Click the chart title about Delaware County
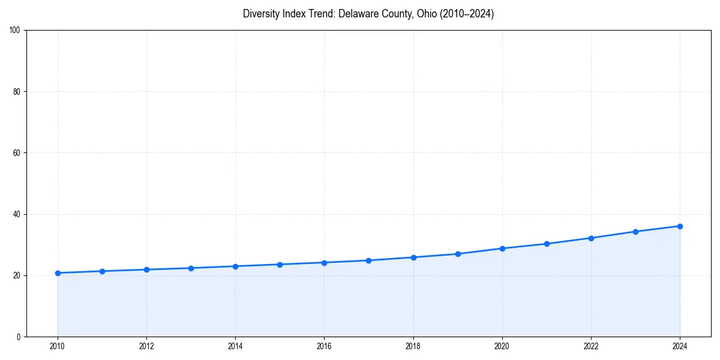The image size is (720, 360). point(368,14)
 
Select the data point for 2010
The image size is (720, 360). point(58,273)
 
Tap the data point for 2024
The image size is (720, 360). point(680,226)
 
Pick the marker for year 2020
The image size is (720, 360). point(502,248)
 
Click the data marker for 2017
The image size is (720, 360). point(368,260)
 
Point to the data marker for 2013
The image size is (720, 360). point(191,268)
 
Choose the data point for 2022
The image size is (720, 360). point(591,238)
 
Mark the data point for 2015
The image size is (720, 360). point(280,265)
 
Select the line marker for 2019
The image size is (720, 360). point(458,254)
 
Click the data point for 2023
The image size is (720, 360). point(635,232)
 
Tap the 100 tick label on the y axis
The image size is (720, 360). point(16,31)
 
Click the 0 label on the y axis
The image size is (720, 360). point(19,337)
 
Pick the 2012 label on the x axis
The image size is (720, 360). point(146,346)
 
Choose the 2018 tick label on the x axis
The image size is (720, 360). point(413,346)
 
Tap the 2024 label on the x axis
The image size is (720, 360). point(680,346)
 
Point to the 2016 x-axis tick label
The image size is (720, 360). point(324,346)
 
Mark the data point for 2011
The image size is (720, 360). point(102,271)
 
